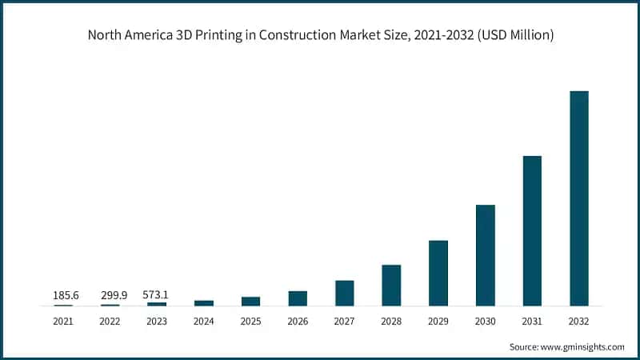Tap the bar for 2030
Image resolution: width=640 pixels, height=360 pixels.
click(x=485, y=255)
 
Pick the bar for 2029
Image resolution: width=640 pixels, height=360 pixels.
click(x=438, y=273)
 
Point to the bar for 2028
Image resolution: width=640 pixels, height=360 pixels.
click(x=391, y=285)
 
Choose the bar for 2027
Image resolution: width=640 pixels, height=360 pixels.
click(x=344, y=293)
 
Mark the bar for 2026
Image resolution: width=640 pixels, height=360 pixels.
click(x=298, y=298)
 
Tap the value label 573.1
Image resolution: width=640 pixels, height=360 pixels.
click(x=156, y=295)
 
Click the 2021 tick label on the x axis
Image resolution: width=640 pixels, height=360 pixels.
click(x=63, y=321)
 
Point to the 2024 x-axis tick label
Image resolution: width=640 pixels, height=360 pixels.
click(x=204, y=321)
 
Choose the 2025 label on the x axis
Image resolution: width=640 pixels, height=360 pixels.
click(x=250, y=321)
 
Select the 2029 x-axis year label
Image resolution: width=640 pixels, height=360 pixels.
click(x=438, y=321)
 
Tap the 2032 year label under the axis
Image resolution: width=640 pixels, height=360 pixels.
click(x=578, y=321)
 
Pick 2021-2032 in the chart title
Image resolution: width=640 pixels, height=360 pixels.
click(x=443, y=35)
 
